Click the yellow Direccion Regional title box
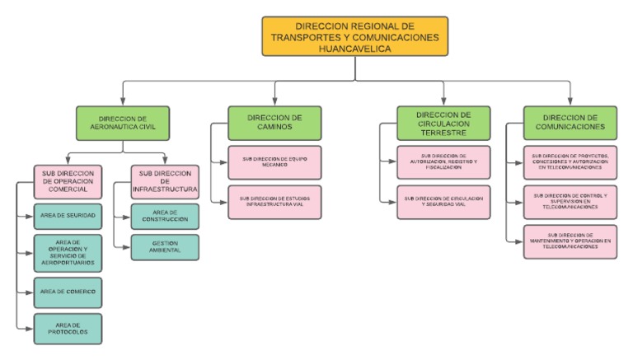click(355, 37)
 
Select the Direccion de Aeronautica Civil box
click(122, 122)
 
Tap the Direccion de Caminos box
click(274, 123)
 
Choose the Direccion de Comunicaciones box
click(570, 122)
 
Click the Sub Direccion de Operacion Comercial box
click(68, 183)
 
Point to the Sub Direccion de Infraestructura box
click(165, 183)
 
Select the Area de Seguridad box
click(68, 215)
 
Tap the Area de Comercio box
click(68, 292)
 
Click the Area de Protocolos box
click(68, 328)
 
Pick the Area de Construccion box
click(165, 217)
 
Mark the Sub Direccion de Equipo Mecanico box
click(274, 162)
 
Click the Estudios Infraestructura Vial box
click(274, 202)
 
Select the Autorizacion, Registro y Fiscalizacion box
click(443, 162)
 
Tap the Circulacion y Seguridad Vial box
click(443, 202)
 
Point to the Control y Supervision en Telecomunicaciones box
click(570, 201)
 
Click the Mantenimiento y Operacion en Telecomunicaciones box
click(570, 241)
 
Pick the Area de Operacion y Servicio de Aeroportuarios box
click(68, 252)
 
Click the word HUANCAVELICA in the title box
click(355, 49)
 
